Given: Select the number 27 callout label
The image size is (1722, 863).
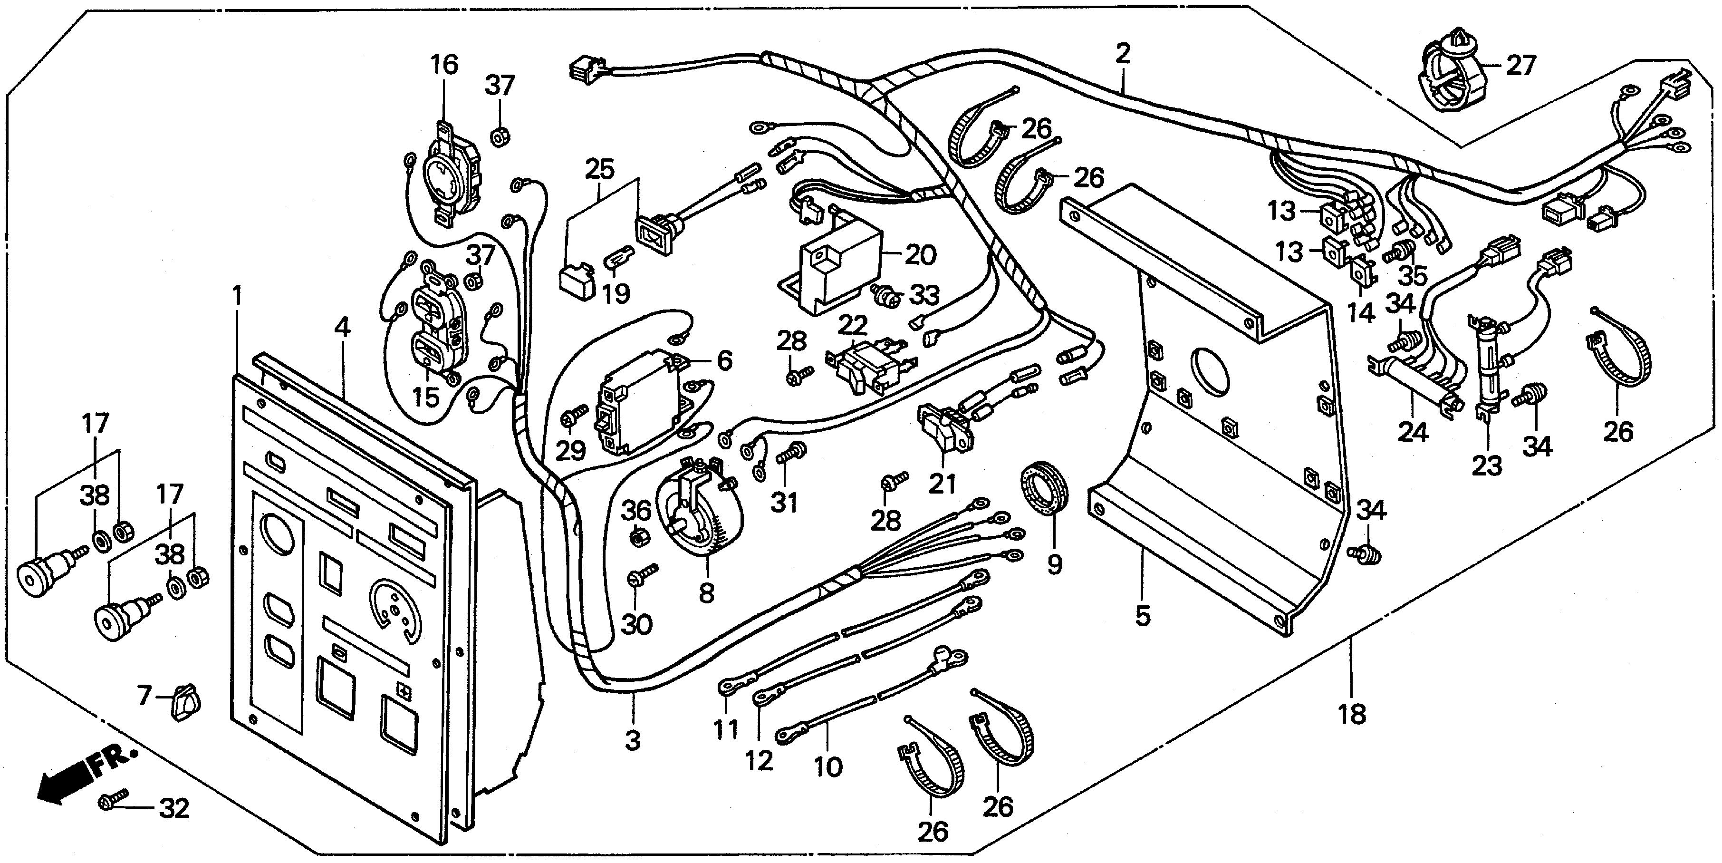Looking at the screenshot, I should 1520,66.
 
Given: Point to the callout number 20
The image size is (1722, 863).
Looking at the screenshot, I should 921,254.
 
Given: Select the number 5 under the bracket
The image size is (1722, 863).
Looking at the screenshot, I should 1143,615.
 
